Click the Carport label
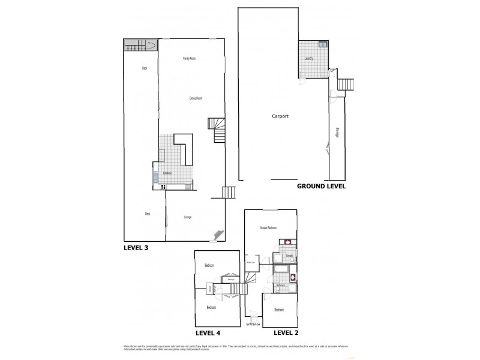click(x=280, y=116)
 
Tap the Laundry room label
click(x=310, y=58)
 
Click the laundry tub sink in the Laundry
click(x=323, y=45)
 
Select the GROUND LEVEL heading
click(x=321, y=187)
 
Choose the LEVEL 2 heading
click(x=286, y=332)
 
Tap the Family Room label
click(x=190, y=58)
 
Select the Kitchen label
click(x=167, y=173)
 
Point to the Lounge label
click(x=188, y=217)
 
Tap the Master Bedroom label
click(x=268, y=228)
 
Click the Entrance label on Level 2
click(x=253, y=325)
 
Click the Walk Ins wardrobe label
click(x=251, y=262)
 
